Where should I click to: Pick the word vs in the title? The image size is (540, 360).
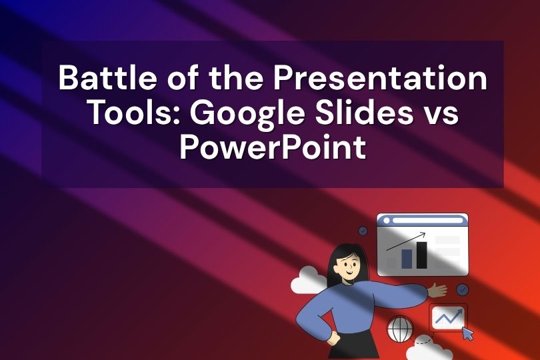point(441,114)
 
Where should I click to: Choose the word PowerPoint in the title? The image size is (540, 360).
point(273,148)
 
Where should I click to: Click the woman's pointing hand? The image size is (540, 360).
point(437,289)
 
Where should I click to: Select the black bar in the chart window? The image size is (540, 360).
point(421,255)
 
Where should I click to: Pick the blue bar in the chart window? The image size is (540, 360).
point(407,259)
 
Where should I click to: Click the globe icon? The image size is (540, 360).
point(399,329)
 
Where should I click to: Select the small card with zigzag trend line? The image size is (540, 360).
point(448,318)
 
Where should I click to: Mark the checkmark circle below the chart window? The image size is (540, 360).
point(462,290)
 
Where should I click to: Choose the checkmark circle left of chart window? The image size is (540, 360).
point(363,231)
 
